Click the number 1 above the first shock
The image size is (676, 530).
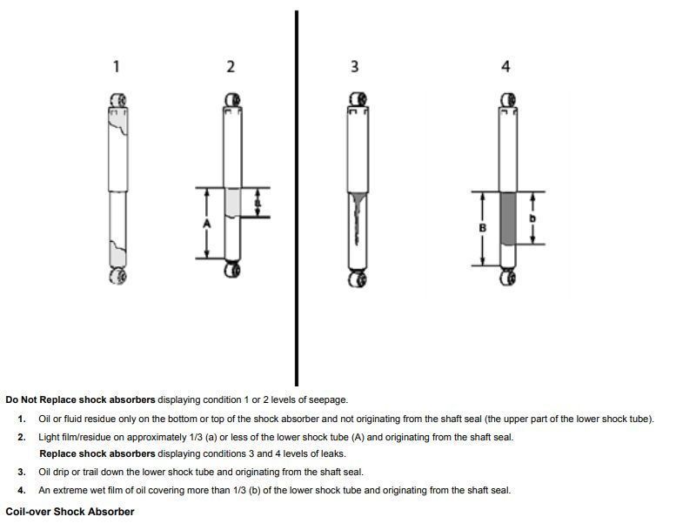[x=117, y=67]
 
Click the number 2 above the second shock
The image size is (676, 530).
[x=231, y=67]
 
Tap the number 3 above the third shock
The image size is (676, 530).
[x=355, y=67]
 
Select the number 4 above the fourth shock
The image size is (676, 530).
[x=506, y=67]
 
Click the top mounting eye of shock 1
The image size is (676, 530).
[x=118, y=99]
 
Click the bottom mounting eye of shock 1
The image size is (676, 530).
[x=118, y=277]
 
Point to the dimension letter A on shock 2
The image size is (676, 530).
[x=207, y=224]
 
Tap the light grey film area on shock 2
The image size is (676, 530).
[x=232, y=201]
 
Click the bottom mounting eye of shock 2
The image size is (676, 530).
[x=232, y=270]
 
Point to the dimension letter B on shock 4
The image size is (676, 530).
[x=483, y=228]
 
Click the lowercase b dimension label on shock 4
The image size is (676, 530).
[x=532, y=218]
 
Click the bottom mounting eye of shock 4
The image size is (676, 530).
[x=508, y=278]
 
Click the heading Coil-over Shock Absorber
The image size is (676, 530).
[x=70, y=512]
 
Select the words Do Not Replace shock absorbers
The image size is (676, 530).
[x=80, y=400]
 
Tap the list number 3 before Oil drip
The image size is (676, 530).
[x=22, y=473]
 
